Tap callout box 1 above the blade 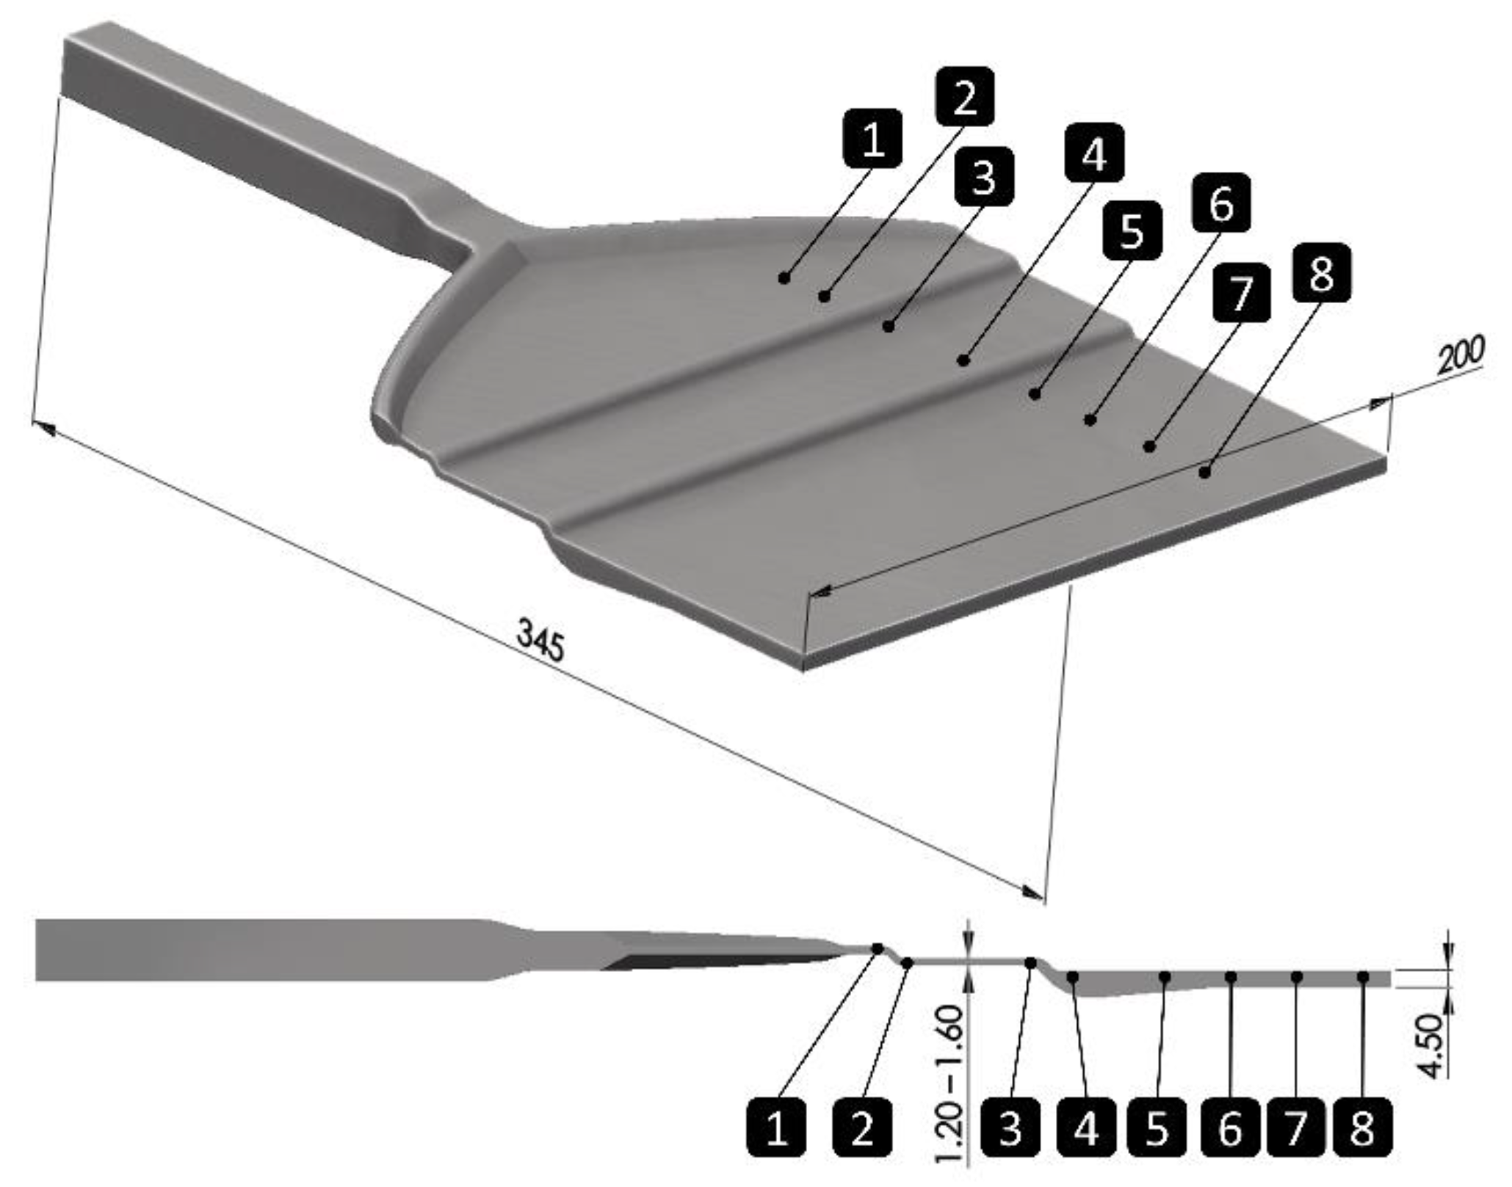(x=873, y=138)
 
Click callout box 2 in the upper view (x=965, y=96)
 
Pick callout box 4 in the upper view (x=1094, y=153)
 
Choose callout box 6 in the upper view (x=1220, y=203)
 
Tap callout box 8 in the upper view (x=1320, y=273)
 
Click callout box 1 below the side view (x=777, y=1128)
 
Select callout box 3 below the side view (x=1010, y=1128)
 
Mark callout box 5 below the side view (x=1157, y=1128)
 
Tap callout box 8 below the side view (x=1362, y=1128)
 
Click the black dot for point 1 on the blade (x=784, y=277)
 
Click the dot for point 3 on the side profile (x=1030, y=962)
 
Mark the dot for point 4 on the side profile (x=1073, y=977)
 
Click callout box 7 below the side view (x=1296, y=1128)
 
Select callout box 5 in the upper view (x=1132, y=230)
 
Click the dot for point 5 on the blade (x=1035, y=394)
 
